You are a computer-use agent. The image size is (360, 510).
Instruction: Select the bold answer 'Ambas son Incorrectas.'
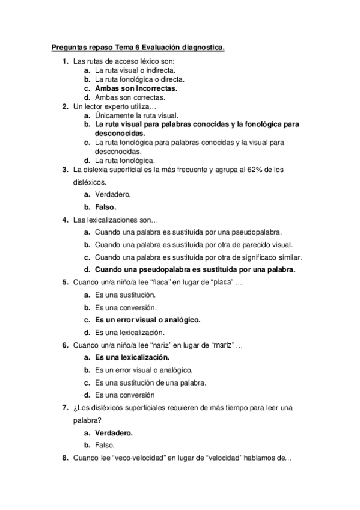136,88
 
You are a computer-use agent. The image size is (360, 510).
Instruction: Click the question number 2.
65,106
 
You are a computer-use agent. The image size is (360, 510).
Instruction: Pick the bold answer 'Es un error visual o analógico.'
147,319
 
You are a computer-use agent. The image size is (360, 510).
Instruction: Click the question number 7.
65,407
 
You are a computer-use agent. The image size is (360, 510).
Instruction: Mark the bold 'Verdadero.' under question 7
114,432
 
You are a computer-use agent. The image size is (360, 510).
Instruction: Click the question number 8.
65,458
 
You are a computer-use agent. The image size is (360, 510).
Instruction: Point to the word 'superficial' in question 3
132,170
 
